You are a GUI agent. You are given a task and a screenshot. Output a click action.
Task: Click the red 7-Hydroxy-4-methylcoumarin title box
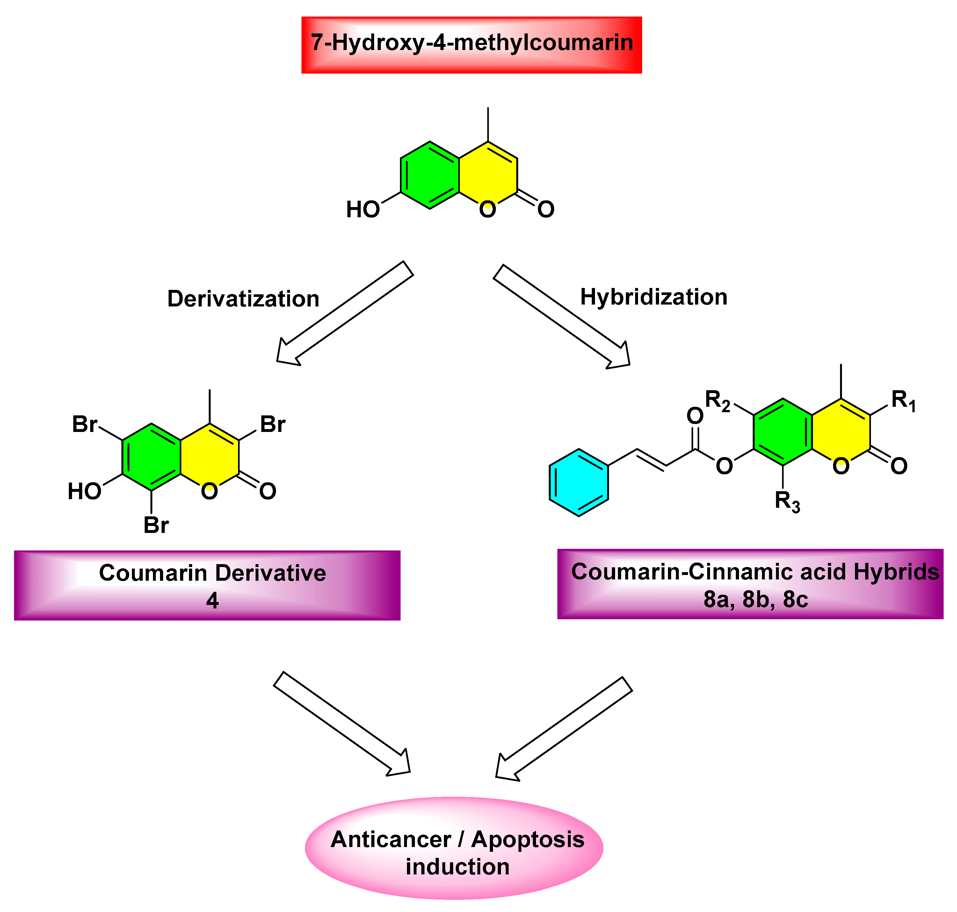click(x=471, y=45)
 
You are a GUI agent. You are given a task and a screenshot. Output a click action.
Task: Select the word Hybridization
click(x=654, y=297)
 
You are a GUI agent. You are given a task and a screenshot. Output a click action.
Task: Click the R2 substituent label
click(x=717, y=401)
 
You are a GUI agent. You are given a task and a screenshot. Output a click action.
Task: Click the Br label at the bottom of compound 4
click(x=156, y=525)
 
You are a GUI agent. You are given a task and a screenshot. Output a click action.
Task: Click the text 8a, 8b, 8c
click(x=755, y=600)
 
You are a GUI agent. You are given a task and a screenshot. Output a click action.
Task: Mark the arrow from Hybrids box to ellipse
click(x=564, y=729)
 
